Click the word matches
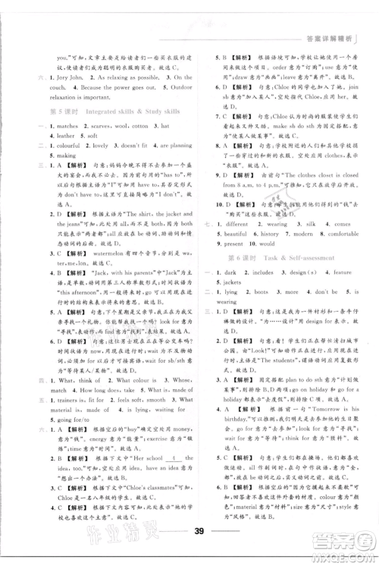coord(58,124)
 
